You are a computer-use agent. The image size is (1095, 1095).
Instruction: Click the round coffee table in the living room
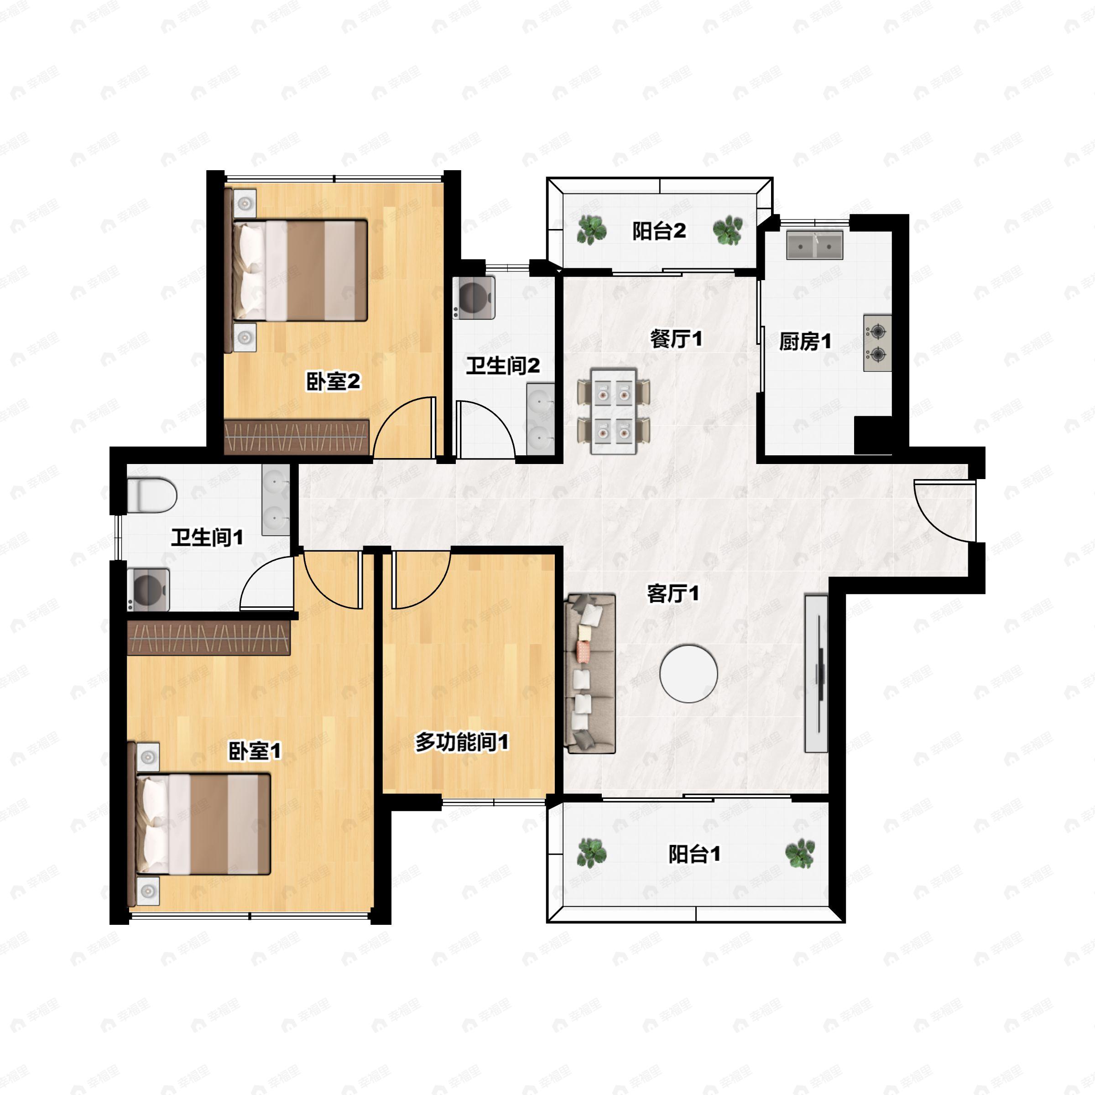click(688, 673)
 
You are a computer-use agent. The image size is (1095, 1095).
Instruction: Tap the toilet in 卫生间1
click(151, 495)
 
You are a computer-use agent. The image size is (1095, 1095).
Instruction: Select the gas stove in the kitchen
click(877, 343)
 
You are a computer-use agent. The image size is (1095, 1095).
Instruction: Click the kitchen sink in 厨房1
click(814, 245)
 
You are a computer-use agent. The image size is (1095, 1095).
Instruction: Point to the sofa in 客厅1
click(590, 673)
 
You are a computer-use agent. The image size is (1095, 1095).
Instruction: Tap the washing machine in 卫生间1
click(148, 589)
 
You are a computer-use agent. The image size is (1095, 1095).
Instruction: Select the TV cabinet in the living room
click(816, 673)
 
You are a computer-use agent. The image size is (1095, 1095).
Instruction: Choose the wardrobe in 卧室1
click(209, 638)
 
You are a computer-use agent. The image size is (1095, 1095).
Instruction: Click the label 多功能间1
click(461, 742)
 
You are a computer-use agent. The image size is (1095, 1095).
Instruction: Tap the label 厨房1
click(805, 342)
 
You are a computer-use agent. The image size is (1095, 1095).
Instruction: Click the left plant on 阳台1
click(591, 853)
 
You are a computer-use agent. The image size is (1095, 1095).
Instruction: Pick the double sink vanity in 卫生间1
click(276, 499)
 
